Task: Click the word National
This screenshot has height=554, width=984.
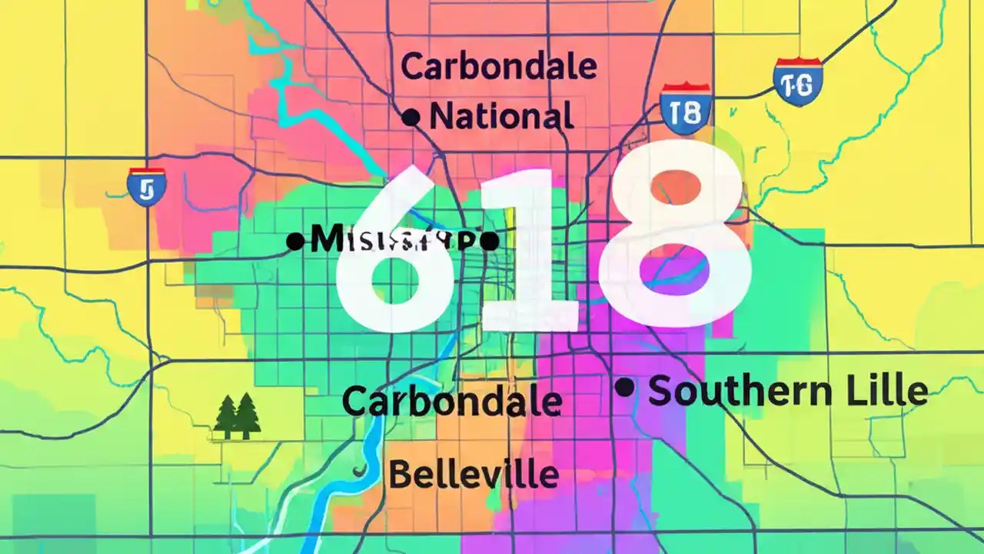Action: [x=501, y=117]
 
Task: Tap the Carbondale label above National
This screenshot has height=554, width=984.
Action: [x=498, y=68]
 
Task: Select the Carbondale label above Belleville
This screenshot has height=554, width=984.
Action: [x=451, y=402]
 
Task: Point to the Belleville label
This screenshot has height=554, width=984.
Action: [x=473, y=475]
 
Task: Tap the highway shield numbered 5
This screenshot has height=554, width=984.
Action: [x=147, y=187]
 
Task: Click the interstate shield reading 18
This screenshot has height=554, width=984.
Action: [x=685, y=108]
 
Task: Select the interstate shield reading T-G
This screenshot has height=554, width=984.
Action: [x=798, y=82]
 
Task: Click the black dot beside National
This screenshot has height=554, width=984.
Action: [x=411, y=118]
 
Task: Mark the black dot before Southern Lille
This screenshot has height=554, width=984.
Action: [x=624, y=388]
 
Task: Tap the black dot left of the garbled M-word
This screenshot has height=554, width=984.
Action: [x=294, y=242]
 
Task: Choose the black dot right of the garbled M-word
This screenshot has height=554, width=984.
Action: [x=490, y=242]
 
